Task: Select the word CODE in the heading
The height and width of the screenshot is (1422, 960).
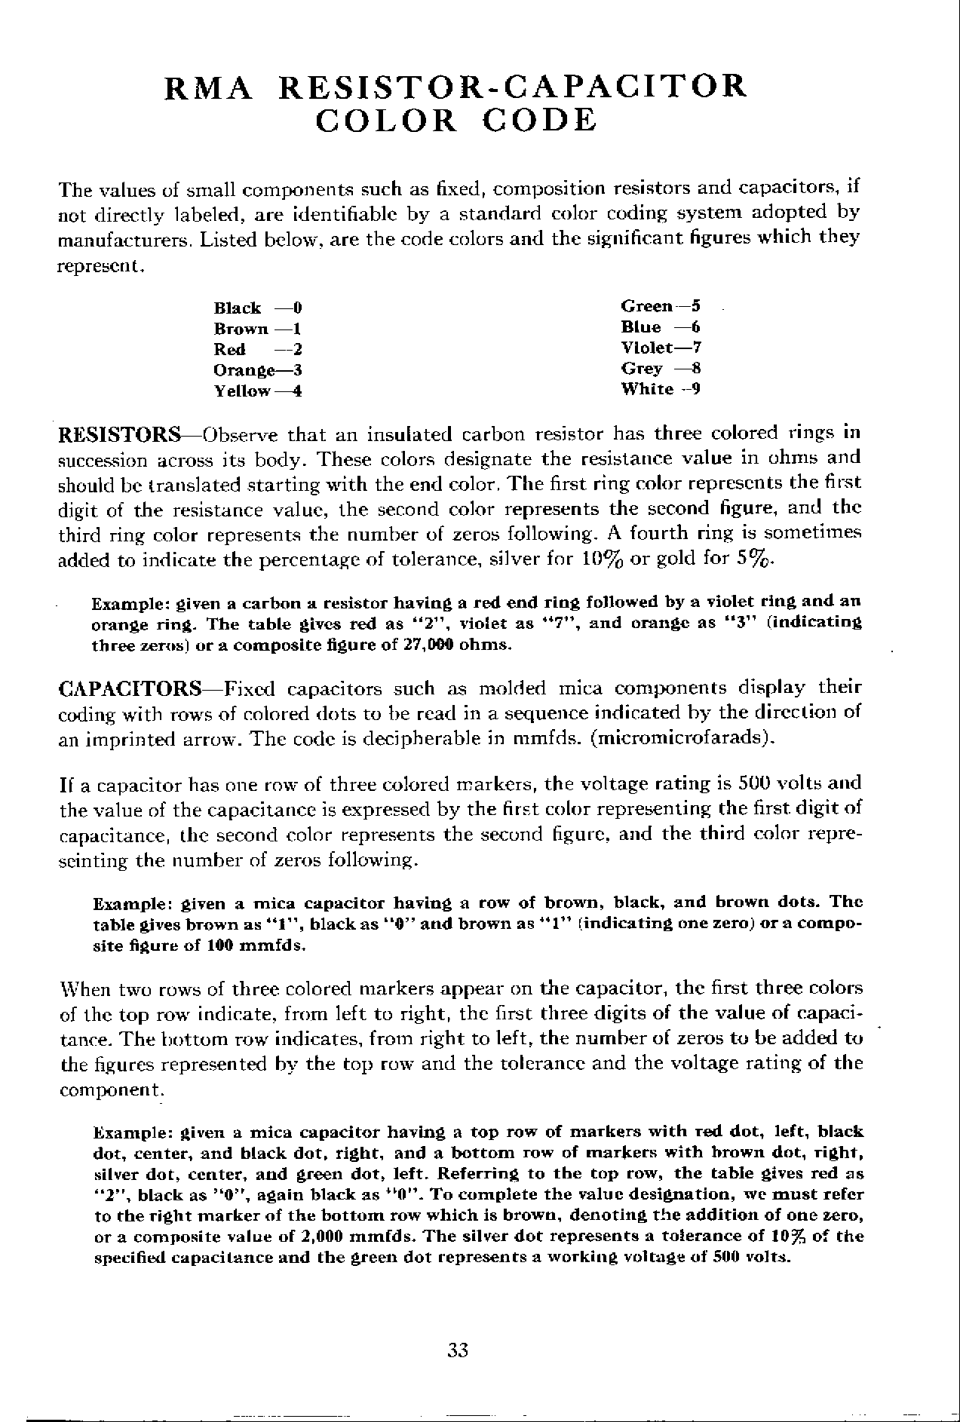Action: [539, 121]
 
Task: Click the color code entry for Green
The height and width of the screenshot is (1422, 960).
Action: [661, 306]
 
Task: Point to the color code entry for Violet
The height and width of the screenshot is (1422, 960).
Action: [661, 348]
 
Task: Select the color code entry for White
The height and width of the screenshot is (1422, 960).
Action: [661, 389]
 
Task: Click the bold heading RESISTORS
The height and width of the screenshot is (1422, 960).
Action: [119, 436]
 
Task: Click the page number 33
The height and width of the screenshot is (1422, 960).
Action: [458, 1350]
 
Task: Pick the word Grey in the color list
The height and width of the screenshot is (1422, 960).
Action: [642, 369]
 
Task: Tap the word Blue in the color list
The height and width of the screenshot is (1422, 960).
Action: [641, 327]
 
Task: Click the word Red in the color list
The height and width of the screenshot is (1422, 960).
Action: [230, 350]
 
